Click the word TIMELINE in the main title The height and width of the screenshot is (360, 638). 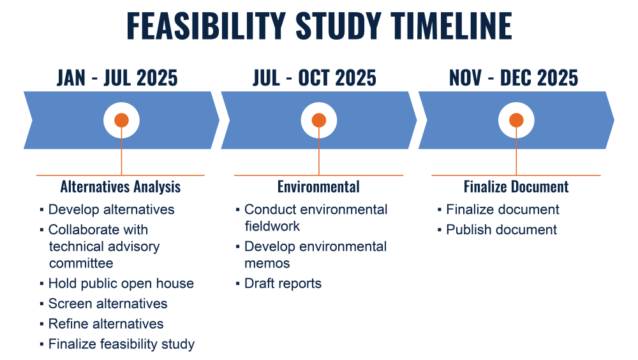451,26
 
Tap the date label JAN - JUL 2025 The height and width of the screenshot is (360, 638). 117,78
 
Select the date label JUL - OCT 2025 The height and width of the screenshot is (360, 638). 315,78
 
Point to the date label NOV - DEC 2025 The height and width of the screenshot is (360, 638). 514,78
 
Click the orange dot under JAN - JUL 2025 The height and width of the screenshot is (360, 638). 121,120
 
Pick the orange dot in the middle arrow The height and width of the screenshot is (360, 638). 318,120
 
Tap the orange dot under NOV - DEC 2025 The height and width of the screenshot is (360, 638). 516,120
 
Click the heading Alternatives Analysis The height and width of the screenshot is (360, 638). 121,187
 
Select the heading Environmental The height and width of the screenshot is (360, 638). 318,187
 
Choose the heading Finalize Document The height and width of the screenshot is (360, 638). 516,187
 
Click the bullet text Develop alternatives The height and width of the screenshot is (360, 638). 112,209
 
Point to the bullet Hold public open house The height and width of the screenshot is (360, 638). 121,283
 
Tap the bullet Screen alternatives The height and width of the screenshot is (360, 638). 108,303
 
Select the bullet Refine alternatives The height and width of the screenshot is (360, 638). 106,324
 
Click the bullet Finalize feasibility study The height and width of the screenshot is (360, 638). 122,344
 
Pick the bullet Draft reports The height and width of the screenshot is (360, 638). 283,283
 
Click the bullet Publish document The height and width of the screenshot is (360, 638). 501,230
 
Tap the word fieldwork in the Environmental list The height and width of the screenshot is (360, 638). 272,226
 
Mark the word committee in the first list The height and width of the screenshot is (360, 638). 81,263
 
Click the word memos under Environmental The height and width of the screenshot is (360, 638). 267,264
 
